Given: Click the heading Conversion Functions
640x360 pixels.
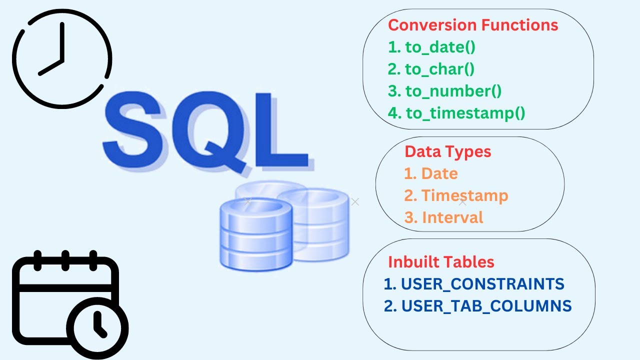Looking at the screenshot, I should (473, 25).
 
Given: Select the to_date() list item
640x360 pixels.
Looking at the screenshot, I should (431, 47).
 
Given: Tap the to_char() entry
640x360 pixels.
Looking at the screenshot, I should (431, 69).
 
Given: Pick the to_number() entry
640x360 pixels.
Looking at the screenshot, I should (444, 91).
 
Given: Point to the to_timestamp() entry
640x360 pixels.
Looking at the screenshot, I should (456, 113).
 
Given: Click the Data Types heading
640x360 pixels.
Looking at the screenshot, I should (448, 151).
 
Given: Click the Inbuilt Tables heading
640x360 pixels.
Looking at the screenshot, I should (441, 262).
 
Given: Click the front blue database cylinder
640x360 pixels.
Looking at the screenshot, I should (255, 235).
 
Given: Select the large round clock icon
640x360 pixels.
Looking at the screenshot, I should (62, 58).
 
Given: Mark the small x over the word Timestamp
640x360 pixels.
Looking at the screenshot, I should (462, 202).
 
